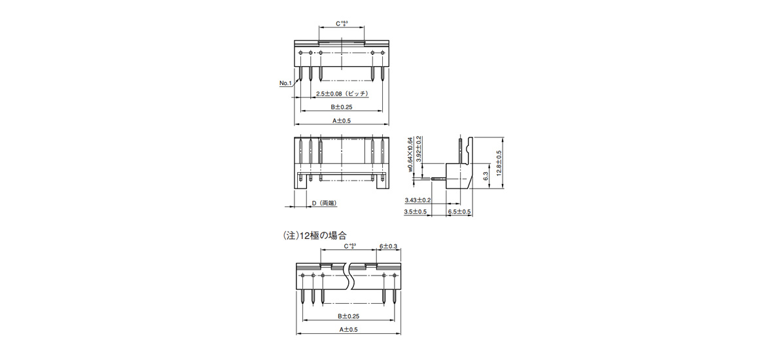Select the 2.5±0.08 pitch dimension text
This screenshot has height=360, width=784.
coord(342,94)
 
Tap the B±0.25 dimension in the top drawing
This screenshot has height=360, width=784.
coord(342,107)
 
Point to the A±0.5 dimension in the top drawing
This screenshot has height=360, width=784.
coord(342,120)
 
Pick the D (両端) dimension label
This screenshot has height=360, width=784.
coord(323,204)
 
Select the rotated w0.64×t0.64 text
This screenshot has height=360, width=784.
coord(410,154)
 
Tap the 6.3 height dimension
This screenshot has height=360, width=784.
coord(486,176)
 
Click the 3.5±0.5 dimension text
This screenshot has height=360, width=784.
coord(416,212)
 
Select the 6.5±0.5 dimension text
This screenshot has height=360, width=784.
coord(459,212)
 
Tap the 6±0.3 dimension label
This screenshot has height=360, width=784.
coord(389,246)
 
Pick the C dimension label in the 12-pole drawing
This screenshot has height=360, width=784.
coord(349,246)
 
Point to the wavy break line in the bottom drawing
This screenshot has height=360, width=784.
coord(351,278)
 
